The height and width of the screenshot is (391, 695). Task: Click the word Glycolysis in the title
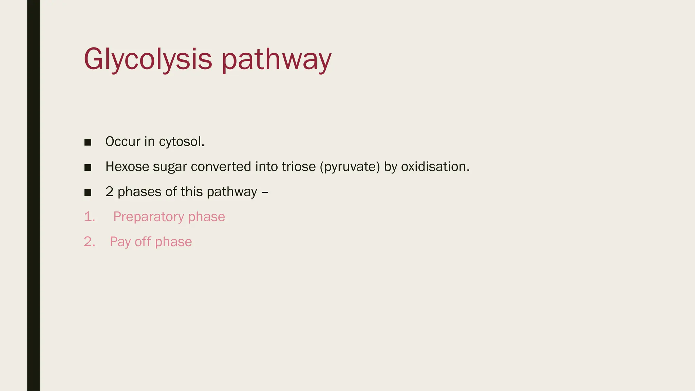point(148,59)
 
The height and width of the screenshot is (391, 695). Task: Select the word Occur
point(123,142)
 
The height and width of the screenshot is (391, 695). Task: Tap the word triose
point(299,167)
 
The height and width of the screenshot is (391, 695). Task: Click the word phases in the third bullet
point(139,192)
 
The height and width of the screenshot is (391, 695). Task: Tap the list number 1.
point(89,217)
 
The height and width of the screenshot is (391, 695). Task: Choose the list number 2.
point(89,242)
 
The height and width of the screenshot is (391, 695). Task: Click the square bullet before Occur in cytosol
point(88,142)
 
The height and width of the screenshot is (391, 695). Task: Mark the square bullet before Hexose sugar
point(88,167)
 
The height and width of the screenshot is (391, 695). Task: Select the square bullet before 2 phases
point(88,192)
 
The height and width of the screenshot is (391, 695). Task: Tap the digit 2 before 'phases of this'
point(109,192)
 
